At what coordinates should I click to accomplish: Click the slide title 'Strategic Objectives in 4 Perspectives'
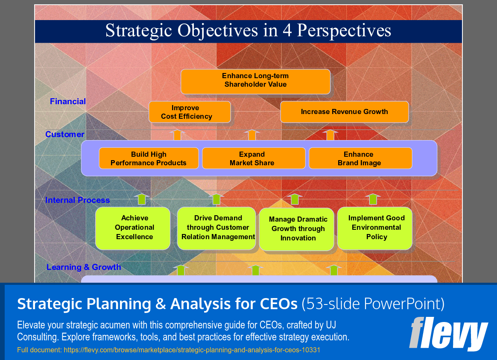pos(248,31)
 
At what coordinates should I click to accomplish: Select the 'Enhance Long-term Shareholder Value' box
pos(255,81)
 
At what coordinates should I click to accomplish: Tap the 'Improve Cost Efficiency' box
pos(190,112)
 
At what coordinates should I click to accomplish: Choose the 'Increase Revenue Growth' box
pos(344,112)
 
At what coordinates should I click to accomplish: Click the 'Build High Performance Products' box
pos(149,158)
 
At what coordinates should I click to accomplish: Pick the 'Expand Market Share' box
pos(253,158)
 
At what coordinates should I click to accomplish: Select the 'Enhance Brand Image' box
pos(360,158)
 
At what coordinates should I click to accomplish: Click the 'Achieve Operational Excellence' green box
pos(133,228)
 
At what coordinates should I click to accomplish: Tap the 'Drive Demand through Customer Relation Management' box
pos(216,228)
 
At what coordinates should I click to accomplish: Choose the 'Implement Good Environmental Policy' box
pos(375,228)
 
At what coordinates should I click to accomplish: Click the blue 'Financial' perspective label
pos(68,102)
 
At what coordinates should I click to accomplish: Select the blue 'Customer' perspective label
pos(65,135)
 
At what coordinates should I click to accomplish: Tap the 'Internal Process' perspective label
pos(78,200)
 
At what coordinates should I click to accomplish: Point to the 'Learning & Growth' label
pos(84,267)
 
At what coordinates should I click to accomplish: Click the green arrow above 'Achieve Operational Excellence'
pos(142,199)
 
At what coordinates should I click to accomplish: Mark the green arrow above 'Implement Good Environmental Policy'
pos(373,199)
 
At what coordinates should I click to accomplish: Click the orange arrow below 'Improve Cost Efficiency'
pos(177,135)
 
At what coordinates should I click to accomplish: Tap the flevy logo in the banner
pos(448,334)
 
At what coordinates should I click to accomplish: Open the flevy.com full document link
pos(169,350)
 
